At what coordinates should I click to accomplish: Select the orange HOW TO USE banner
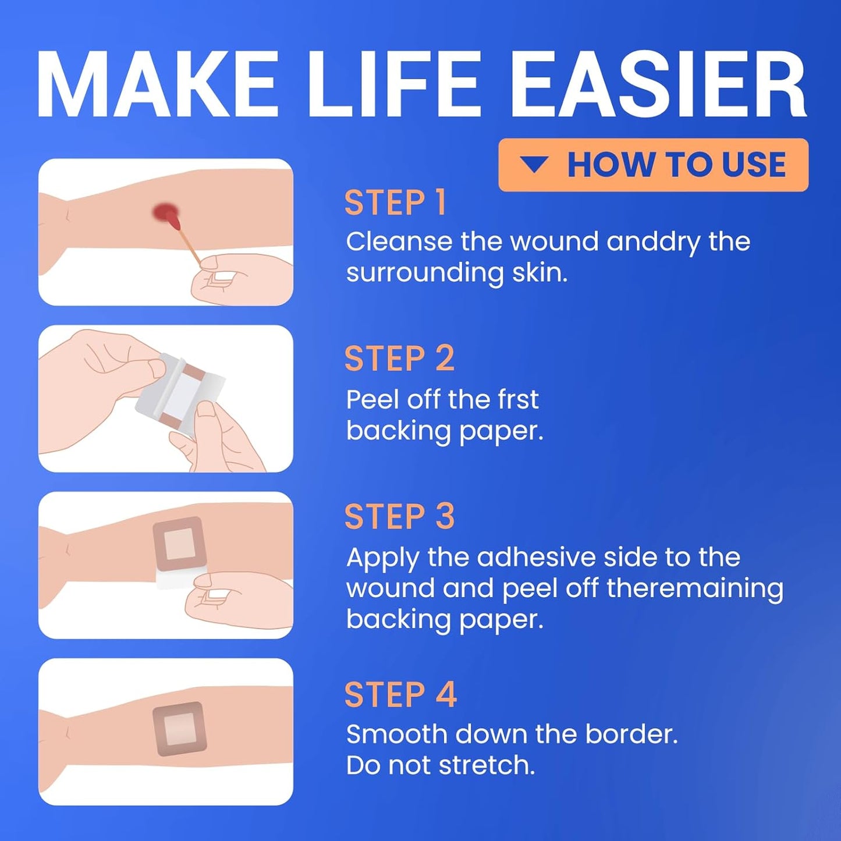point(653,165)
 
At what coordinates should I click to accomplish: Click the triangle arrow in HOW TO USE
point(534,165)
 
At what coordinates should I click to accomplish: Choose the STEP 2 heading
point(399,359)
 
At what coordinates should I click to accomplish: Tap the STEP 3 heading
point(399,517)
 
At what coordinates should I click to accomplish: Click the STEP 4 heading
point(400,694)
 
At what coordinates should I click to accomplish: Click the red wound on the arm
point(164,214)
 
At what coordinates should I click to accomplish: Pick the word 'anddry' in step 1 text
point(653,242)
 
